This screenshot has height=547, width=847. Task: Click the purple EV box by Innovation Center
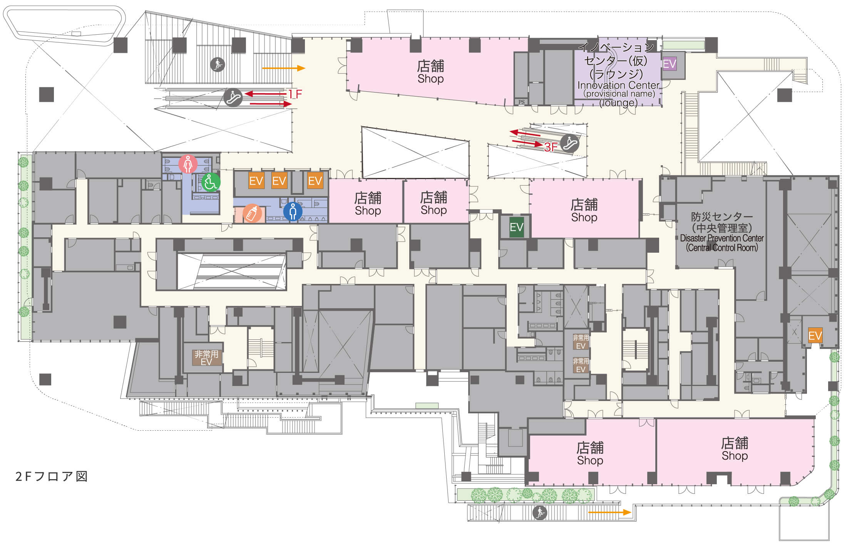pyautogui.click(x=670, y=64)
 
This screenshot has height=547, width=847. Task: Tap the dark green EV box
pyautogui.click(x=516, y=227)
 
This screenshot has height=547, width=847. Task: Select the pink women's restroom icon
pyautogui.click(x=188, y=164)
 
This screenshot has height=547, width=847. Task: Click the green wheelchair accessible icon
pyautogui.click(x=211, y=182)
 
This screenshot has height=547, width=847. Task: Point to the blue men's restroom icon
pyautogui.click(x=293, y=211)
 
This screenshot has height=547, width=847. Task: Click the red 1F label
pyautogui.click(x=295, y=94)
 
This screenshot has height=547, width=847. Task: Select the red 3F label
pyautogui.click(x=551, y=146)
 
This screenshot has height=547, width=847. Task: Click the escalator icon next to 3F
pyautogui.click(x=570, y=144)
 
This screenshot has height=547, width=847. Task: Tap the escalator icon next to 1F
pyautogui.click(x=233, y=97)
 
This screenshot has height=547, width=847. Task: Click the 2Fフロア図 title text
pyautogui.click(x=52, y=477)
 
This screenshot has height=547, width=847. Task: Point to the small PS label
pyautogui.click(x=521, y=102)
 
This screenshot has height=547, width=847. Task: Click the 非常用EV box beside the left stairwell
pyautogui.click(x=206, y=357)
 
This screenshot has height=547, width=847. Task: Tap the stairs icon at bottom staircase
pyautogui.click(x=539, y=513)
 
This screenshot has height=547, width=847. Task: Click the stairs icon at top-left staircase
pyautogui.click(x=218, y=64)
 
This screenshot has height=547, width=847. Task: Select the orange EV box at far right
pyautogui.click(x=815, y=336)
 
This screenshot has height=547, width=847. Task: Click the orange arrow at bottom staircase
pyautogui.click(x=610, y=512)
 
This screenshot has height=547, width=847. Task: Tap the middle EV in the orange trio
pyautogui.click(x=279, y=181)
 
